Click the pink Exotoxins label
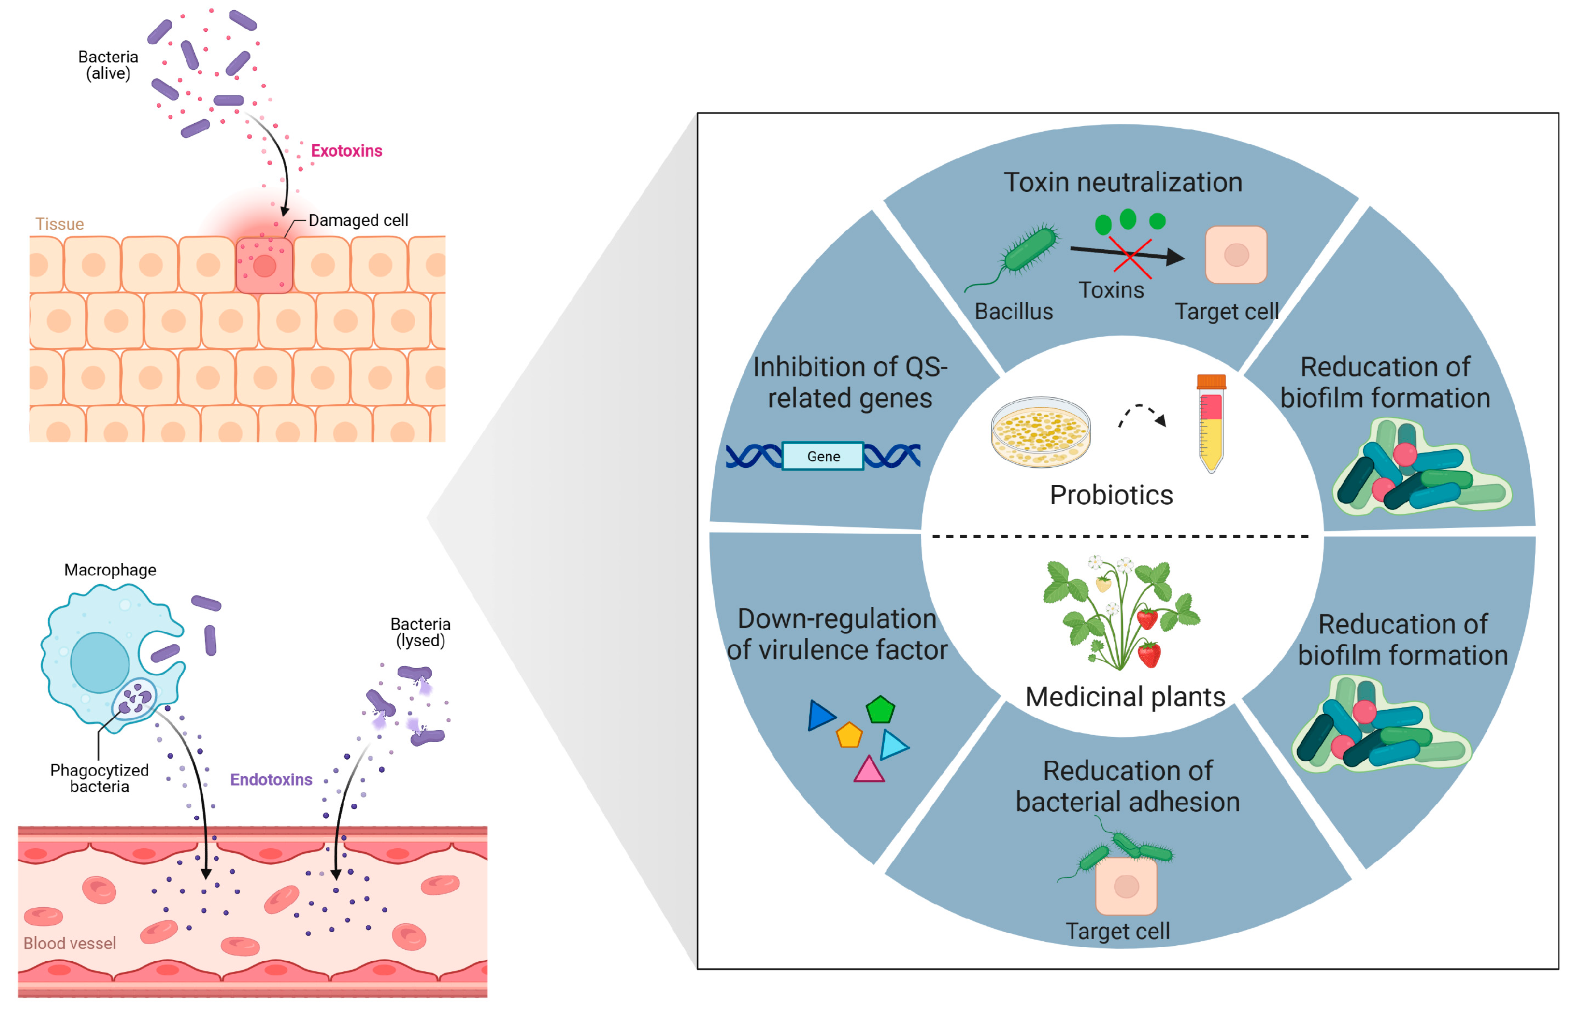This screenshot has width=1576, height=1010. pos(346,151)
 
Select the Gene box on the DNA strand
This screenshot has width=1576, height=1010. pos(823,456)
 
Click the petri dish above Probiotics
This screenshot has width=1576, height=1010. pos(1040,431)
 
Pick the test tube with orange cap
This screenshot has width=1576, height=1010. pos(1211,423)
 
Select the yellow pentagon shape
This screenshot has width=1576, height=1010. pos(848,735)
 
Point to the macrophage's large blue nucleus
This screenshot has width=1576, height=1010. pos(100,663)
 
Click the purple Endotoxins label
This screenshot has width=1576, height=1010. pos(271,779)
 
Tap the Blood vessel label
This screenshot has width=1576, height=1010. pos(69,943)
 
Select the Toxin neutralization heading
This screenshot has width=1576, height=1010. pos(1123,182)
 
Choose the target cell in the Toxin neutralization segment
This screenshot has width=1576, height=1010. pos(1235,255)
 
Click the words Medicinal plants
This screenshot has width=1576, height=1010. pos(1124,697)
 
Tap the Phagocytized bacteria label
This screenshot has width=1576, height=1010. pos(100,778)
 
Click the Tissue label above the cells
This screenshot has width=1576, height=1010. pos(59,224)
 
